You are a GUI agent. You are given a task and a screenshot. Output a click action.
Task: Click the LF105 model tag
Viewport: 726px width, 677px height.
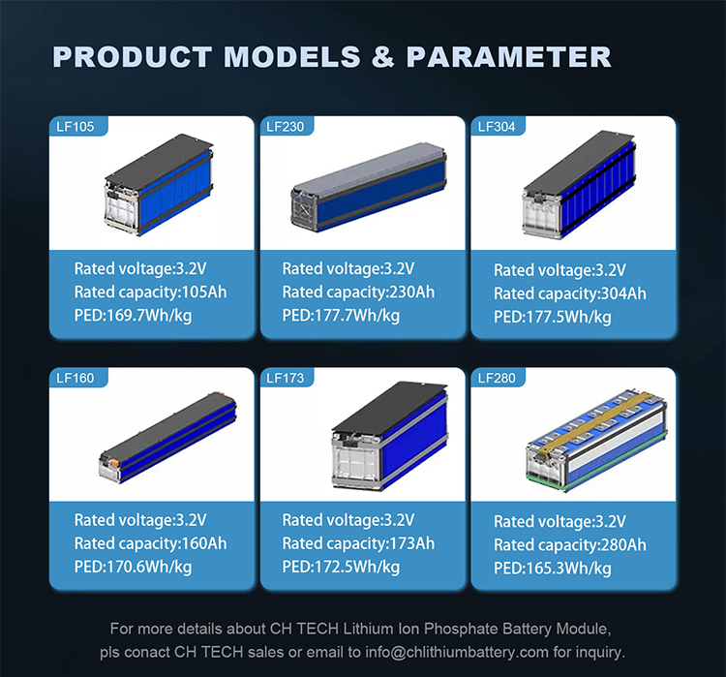coord(77,126)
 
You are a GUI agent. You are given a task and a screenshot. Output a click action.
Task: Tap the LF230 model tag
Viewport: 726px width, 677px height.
coord(287,126)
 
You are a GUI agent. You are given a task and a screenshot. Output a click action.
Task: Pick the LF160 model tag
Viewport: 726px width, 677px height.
coord(77,378)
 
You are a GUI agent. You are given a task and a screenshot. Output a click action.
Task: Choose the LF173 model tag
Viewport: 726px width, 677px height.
coord(287,378)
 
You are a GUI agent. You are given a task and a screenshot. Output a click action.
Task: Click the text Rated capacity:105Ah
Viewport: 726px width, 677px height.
coord(150,292)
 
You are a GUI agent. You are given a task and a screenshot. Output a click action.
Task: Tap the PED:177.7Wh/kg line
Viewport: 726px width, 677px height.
coord(341,315)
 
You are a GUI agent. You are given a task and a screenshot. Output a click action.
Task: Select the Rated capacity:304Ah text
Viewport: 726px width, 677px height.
coord(569,293)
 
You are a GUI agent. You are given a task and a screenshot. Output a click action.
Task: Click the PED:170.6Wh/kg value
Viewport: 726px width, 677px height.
coord(133,567)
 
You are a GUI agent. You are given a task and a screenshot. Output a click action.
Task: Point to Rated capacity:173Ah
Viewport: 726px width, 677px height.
coord(358,543)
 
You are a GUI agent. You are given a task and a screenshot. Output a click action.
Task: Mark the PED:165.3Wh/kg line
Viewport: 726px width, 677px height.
coord(553,569)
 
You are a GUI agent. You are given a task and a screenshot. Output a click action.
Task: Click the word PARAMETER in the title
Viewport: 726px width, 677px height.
coord(509,56)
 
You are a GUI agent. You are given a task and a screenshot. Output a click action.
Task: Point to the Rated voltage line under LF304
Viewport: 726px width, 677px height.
coord(560,270)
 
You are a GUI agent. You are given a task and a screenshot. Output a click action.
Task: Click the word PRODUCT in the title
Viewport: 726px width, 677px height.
coord(134,56)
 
